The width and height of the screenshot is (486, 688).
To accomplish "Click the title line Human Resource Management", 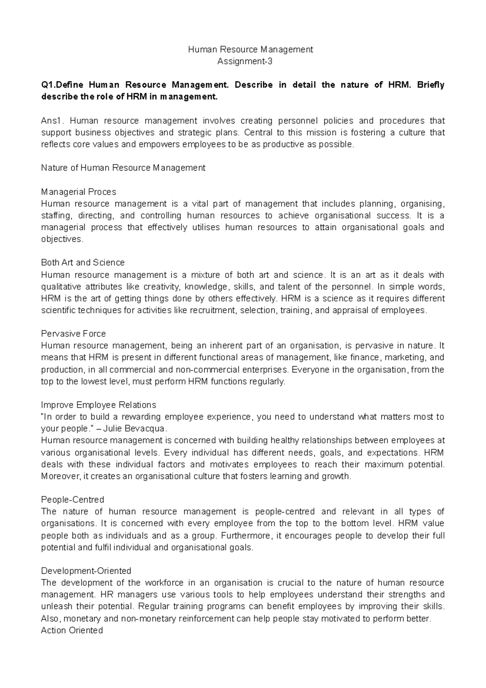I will click(251, 49).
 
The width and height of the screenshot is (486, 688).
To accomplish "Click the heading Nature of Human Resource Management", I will click(123, 168).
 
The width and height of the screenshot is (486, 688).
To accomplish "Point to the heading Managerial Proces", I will click(79, 192).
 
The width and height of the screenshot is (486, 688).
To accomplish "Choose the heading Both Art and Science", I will click(83, 263).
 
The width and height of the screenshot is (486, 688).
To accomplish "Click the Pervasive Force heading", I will click(73, 334).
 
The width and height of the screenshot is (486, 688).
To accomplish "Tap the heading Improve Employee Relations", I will click(98, 405).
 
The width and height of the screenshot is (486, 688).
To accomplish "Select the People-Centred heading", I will click(72, 500).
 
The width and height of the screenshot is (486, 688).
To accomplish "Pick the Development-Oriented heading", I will click(86, 571).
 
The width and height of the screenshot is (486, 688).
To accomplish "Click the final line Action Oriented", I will click(72, 630).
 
